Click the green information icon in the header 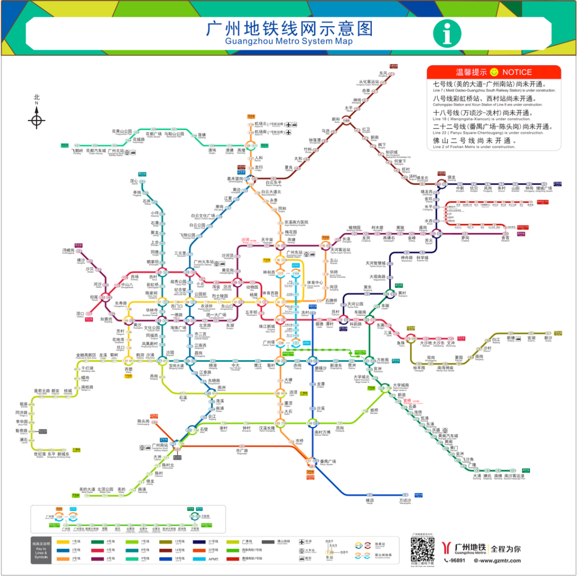pyautogui.click(x=447, y=33)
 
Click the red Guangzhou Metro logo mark pyautogui.click(x=446, y=548)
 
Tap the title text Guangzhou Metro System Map pyautogui.click(x=288, y=42)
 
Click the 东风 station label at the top pyautogui.click(x=383, y=73)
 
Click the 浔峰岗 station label pyautogui.click(x=68, y=250)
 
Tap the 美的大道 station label pyautogui.click(x=87, y=489)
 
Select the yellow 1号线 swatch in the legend pyautogui.click(x=60, y=542)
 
